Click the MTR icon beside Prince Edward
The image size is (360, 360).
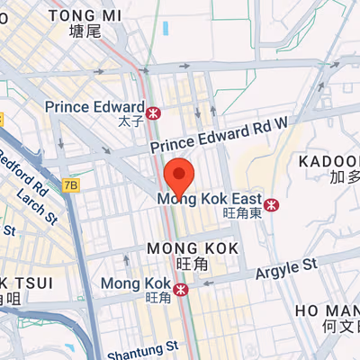coord(155,112)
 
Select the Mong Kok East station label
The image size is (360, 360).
coord(209,198)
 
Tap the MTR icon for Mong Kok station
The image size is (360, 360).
coord(182,289)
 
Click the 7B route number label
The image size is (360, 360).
coord(71,185)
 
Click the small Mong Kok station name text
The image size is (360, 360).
coord(135,283)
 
